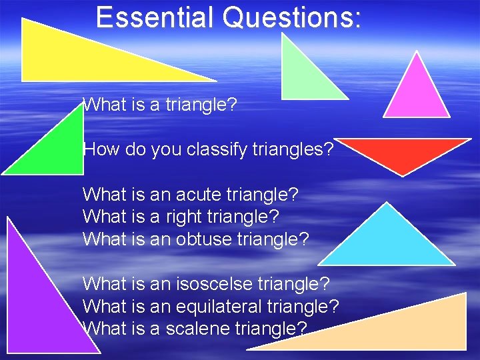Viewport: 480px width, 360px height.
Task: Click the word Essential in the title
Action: (x=155, y=17)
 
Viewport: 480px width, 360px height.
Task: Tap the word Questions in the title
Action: (x=292, y=17)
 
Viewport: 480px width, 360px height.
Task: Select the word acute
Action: (x=201, y=195)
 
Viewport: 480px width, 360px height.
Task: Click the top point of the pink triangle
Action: (x=417, y=53)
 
